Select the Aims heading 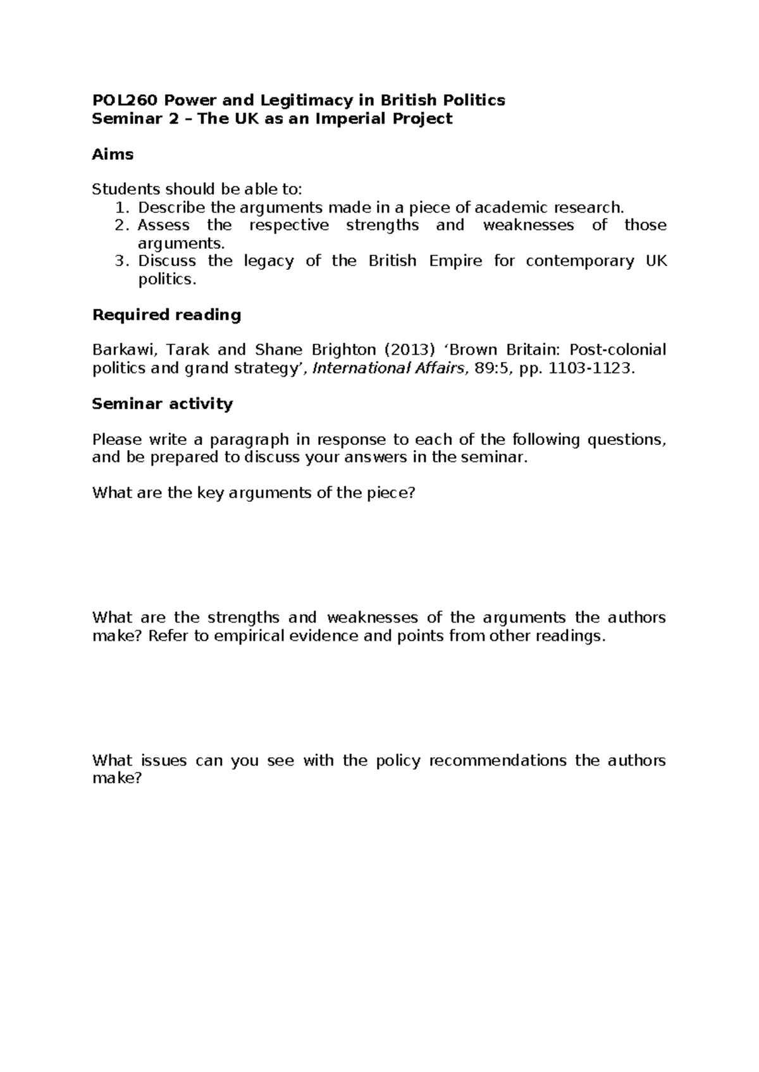coord(113,154)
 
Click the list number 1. coord(123,207)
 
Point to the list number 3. coord(123,261)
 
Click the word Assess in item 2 coord(163,226)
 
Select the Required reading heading coord(166,315)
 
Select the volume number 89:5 coord(493,368)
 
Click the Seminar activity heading coord(163,404)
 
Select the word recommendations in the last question coord(497,760)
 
